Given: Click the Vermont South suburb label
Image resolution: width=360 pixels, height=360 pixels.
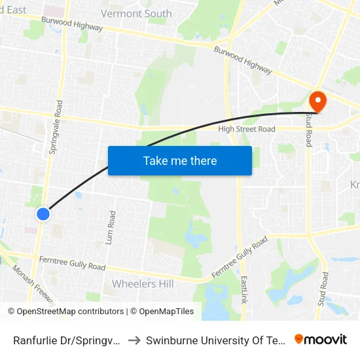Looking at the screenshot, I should [x=136, y=14].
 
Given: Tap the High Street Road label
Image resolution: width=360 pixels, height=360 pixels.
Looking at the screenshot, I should [x=247, y=130].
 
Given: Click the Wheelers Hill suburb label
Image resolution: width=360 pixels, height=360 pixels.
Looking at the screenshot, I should [x=143, y=283].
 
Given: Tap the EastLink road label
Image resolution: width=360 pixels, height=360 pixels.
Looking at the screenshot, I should [x=243, y=285].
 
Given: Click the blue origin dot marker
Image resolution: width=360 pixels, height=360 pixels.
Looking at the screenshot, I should [x=43, y=213].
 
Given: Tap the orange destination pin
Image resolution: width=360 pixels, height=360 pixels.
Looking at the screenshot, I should [x=317, y=102].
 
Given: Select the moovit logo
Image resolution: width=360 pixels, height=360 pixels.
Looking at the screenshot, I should [x=321, y=340].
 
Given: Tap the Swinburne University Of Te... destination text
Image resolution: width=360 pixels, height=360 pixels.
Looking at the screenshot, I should [x=216, y=340].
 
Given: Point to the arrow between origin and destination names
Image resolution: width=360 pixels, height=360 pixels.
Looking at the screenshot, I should [x=134, y=340].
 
